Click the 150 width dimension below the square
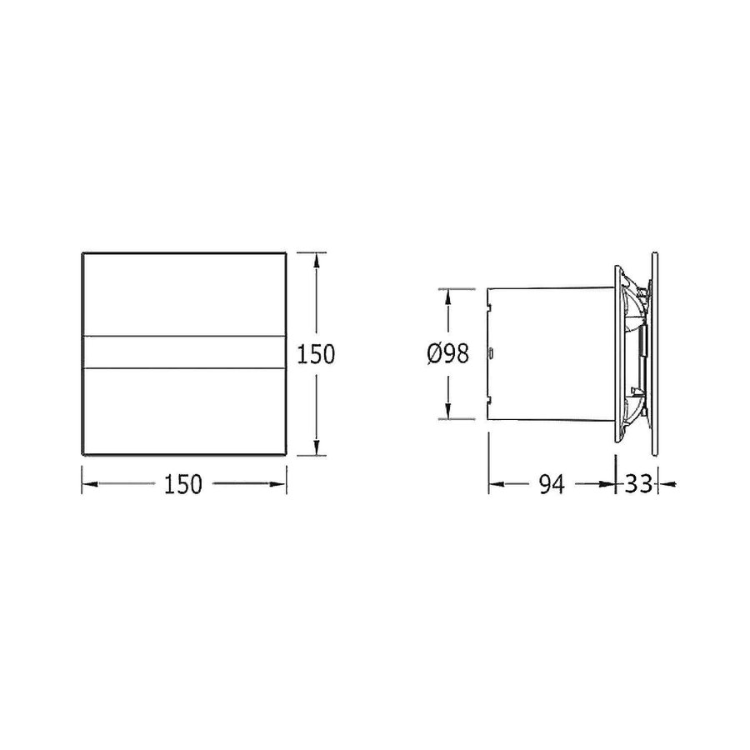tap(184, 484)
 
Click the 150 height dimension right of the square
tap(316, 354)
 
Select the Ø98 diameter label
tap(447, 354)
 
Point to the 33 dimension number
tap(637, 484)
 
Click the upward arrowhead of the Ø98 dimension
tap(447, 296)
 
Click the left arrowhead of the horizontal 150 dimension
tap(88, 483)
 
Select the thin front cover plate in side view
tap(657, 353)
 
